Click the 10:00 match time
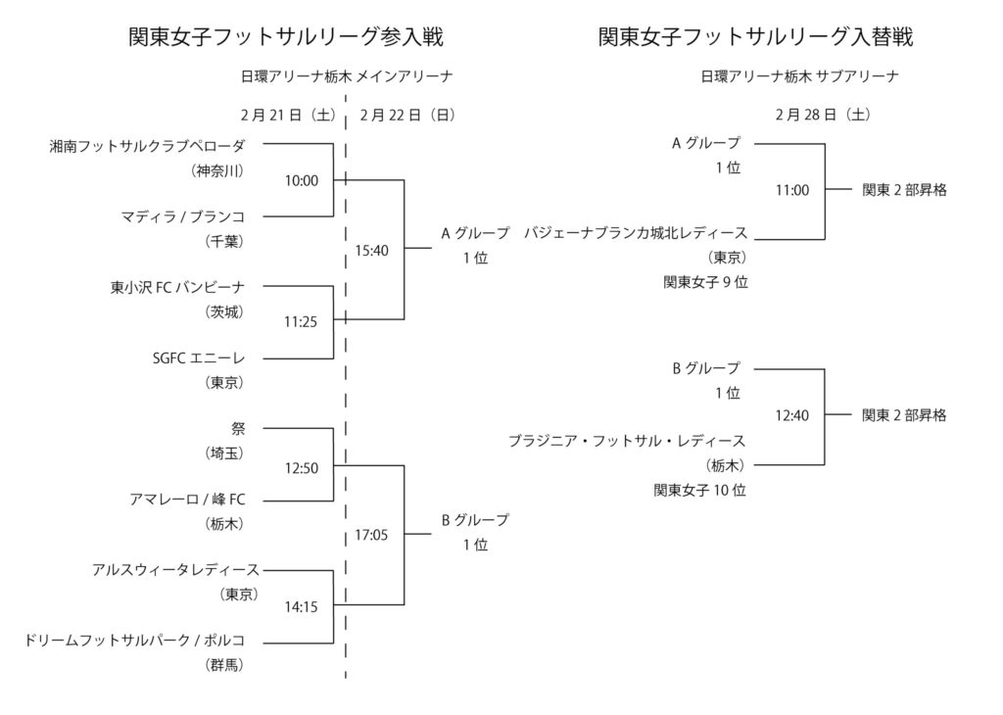pyautogui.click(x=302, y=181)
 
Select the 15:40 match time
pyautogui.click(x=372, y=251)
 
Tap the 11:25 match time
pyautogui.click(x=302, y=320)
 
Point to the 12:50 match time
pyautogui.click(x=302, y=468)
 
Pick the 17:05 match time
pyautogui.click(x=372, y=536)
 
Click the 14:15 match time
pyautogui.click(x=302, y=607)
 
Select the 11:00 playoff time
pyautogui.click(x=791, y=191)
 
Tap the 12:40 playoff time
pyautogui.click(x=791, y=415)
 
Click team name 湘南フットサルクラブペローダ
pyautogui.click(x=147, y=146)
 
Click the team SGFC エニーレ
pyautogui.click(x=197, y=358)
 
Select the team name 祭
pyautogui.click(x=239, y=428)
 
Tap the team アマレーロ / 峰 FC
pyautogui.click(x=187, y=500)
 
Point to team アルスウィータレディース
pyautogui.click(x=175, y=569)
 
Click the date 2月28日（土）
pyautogui.click(x=821, y=114)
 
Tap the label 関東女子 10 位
pyautogui.click(x=699, y=490)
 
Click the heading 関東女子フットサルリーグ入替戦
pyautogui.click(x=755, y=37)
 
